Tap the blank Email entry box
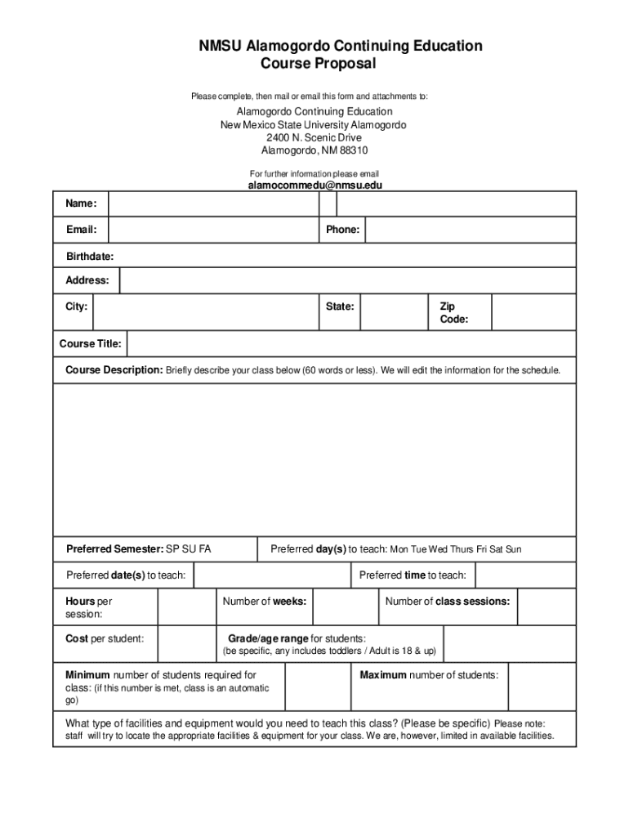[x=212, y=231]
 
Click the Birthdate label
[x=90, y=257]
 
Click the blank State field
[x=394, y=313]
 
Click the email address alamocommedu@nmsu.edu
[x=314, y=186]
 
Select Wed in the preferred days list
[x=439, y=550]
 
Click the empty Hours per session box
[x=186, y=607]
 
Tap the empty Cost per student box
[x=186, y=644]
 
